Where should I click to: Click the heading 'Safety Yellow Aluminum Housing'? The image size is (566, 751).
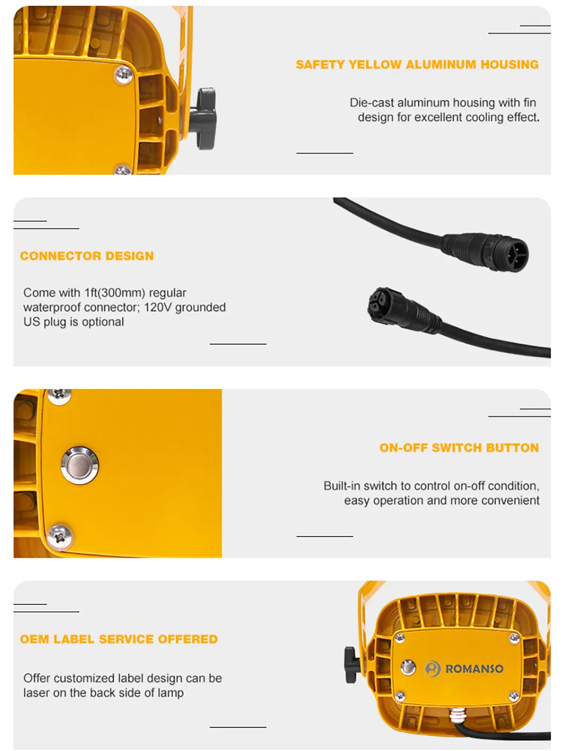[417, 65]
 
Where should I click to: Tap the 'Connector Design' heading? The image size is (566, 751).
[87, 256]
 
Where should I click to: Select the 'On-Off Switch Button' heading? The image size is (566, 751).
[459, 448]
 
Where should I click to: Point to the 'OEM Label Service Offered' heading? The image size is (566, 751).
[119, 639]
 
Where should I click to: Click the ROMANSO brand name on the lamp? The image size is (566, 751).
[474, 669]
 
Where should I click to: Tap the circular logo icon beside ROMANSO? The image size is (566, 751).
[433, 669]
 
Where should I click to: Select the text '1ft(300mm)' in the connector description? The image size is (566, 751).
[115, 293]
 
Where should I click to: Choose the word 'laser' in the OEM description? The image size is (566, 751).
[36, 693]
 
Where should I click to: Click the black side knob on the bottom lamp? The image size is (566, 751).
[350, 663]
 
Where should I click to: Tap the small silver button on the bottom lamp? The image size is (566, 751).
[408, 667]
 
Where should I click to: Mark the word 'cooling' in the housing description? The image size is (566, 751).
[484, 117]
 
